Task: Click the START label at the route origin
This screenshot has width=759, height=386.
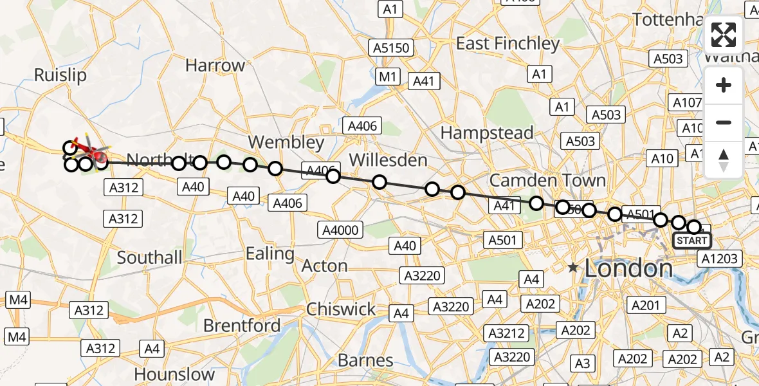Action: [692, 241]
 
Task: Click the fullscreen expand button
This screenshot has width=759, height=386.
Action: [724, 35]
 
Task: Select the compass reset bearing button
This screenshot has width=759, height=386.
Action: [724, 160]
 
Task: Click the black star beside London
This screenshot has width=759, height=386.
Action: [572, 267]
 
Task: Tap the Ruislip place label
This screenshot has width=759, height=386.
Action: [60, 75]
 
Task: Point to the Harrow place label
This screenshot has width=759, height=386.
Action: [215, 65]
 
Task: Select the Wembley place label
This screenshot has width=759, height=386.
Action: [286, 142]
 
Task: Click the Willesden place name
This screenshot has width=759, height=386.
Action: [388, 160]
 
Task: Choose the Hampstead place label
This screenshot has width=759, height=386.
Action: [487, 133]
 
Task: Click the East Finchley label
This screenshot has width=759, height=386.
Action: [508, 43]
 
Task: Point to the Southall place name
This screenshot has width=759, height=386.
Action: [150, 258]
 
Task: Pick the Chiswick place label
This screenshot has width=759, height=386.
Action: [341, 309]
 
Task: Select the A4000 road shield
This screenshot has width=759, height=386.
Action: [342, 230]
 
